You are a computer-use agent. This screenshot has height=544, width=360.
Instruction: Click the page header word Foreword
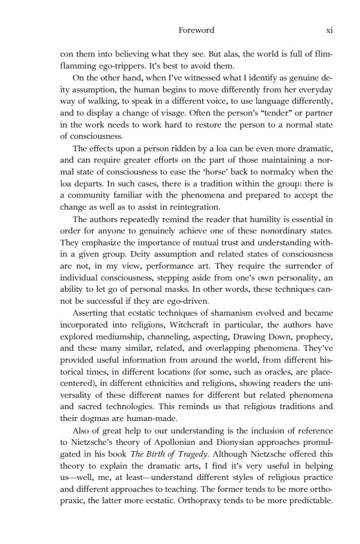click(x=196, y=30)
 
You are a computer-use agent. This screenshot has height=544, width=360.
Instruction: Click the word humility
click(x=258, y=219)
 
